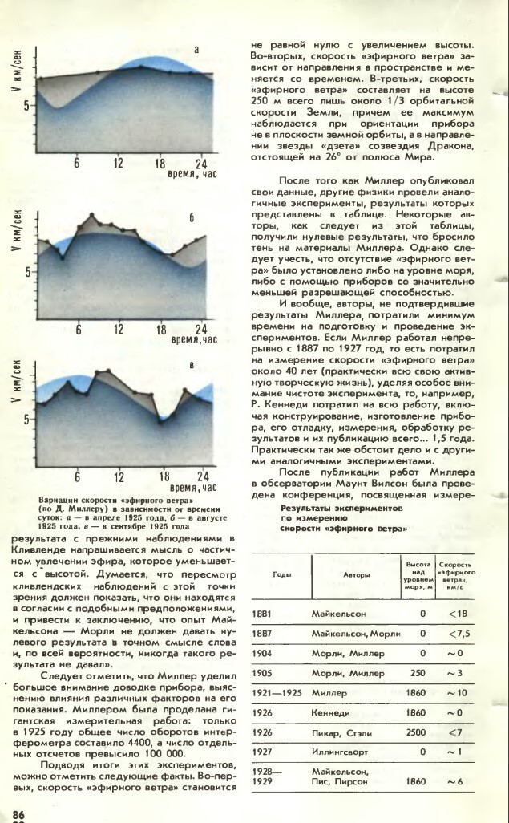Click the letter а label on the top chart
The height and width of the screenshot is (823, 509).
click(196, 50)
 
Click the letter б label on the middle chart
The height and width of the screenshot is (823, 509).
click(192, 217)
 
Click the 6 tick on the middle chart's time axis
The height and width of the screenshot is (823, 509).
click(79, 329)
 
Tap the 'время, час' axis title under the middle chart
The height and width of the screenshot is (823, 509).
click(193, 340)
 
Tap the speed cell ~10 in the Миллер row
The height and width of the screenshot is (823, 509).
click(455, 691)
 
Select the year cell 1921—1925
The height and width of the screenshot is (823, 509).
click(277, 691)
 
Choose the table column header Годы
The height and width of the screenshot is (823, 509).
click(281, 575)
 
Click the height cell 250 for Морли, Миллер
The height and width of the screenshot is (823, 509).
click(416, 671)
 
